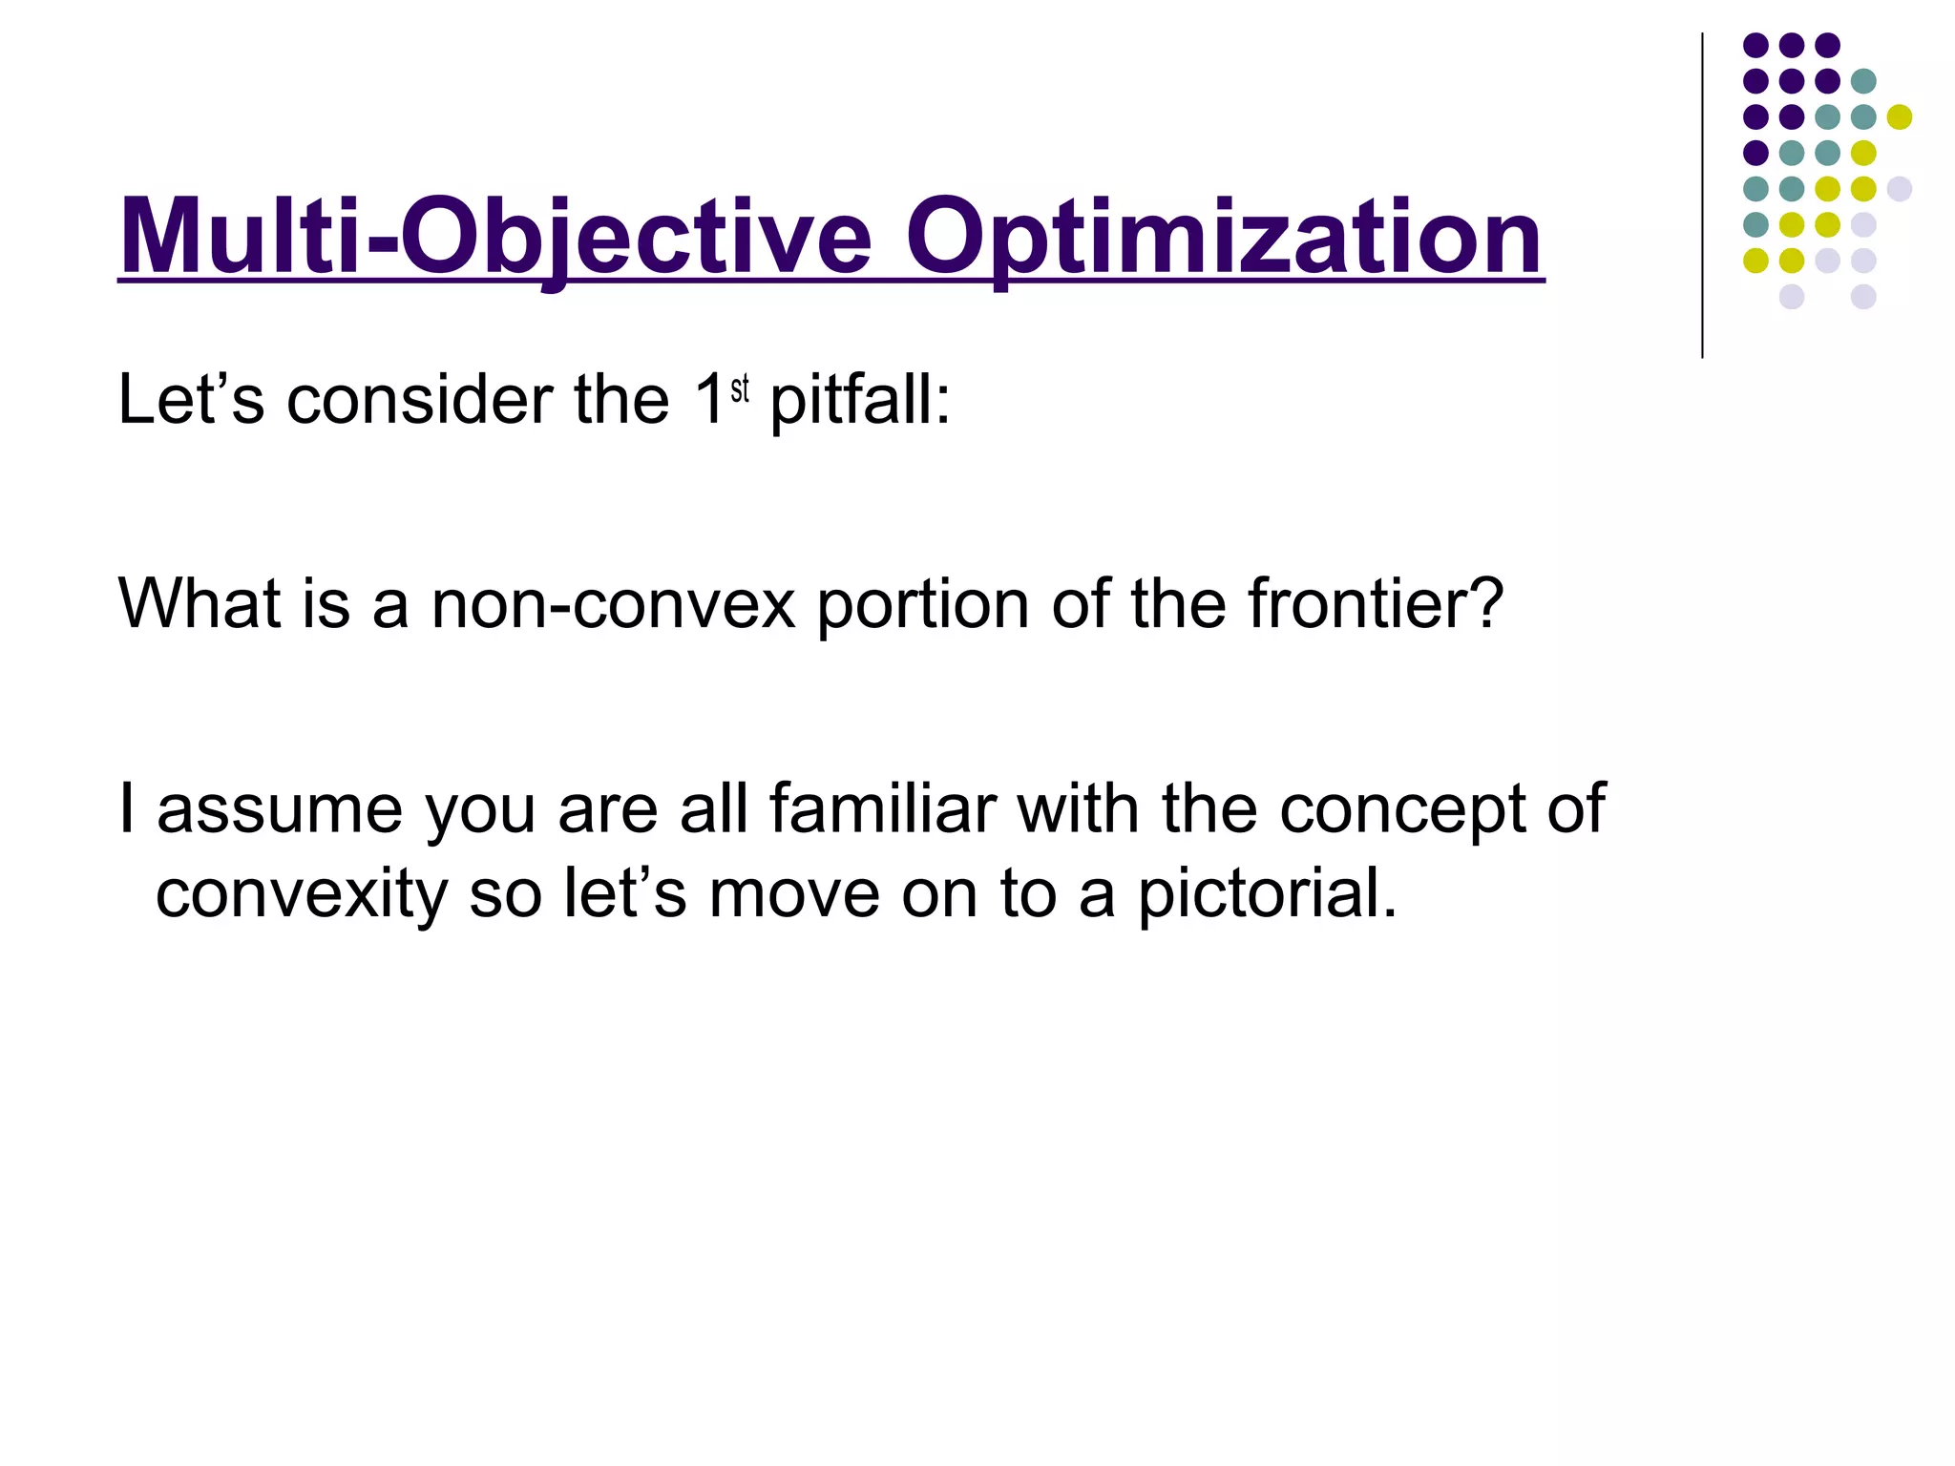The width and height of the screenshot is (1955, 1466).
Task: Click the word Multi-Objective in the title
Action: pos(495,236)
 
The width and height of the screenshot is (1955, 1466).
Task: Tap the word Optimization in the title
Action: pos(1224,236)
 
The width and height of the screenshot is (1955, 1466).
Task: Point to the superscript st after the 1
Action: pos(740,389)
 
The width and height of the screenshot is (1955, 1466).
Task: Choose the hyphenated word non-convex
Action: pos(613,605)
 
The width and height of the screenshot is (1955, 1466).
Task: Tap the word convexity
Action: pos(302,895)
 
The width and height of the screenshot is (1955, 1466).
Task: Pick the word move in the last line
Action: pos(794,895)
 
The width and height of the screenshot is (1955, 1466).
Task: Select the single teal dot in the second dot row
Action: pos(1863,81)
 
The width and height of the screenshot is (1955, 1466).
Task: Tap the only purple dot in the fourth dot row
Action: pos(1755,153)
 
